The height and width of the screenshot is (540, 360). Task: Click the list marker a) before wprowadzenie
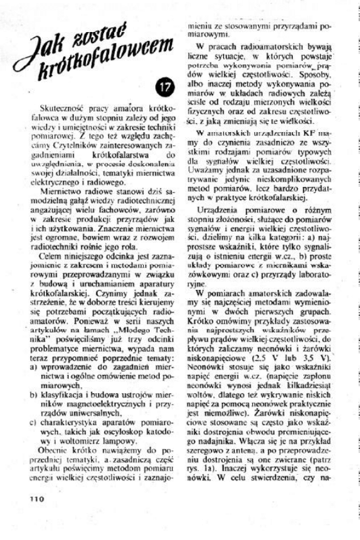coord(33,369)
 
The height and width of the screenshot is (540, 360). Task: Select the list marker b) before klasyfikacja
coord(33,396)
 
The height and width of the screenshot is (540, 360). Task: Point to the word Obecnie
coord(56,451)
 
